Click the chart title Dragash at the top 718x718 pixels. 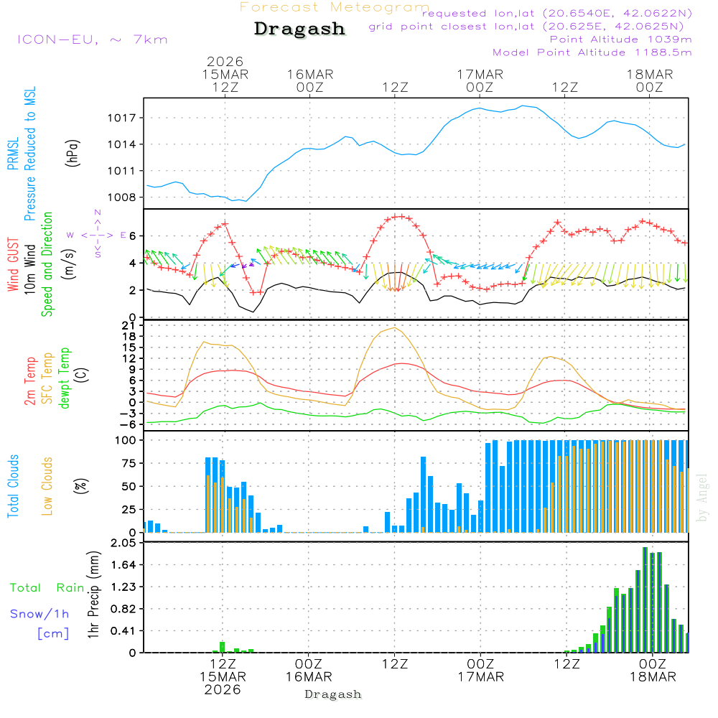click(x=299, y=29)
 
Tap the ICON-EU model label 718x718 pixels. click(x=92, y=39)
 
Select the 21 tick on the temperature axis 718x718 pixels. click(x=132, y=325)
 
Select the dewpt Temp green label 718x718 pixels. click(x=65, y=378)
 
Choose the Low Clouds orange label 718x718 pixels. click(x=47, y=485)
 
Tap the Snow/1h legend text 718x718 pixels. click(x=39, y=614)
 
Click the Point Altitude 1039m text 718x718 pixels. click(x=620, y=39)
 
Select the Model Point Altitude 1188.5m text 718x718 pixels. click(x=592, y=52)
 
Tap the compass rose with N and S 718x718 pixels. click(x=98, y=234)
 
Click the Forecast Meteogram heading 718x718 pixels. click(x=335, y=7)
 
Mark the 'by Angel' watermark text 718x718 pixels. click(x=702, y=498)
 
